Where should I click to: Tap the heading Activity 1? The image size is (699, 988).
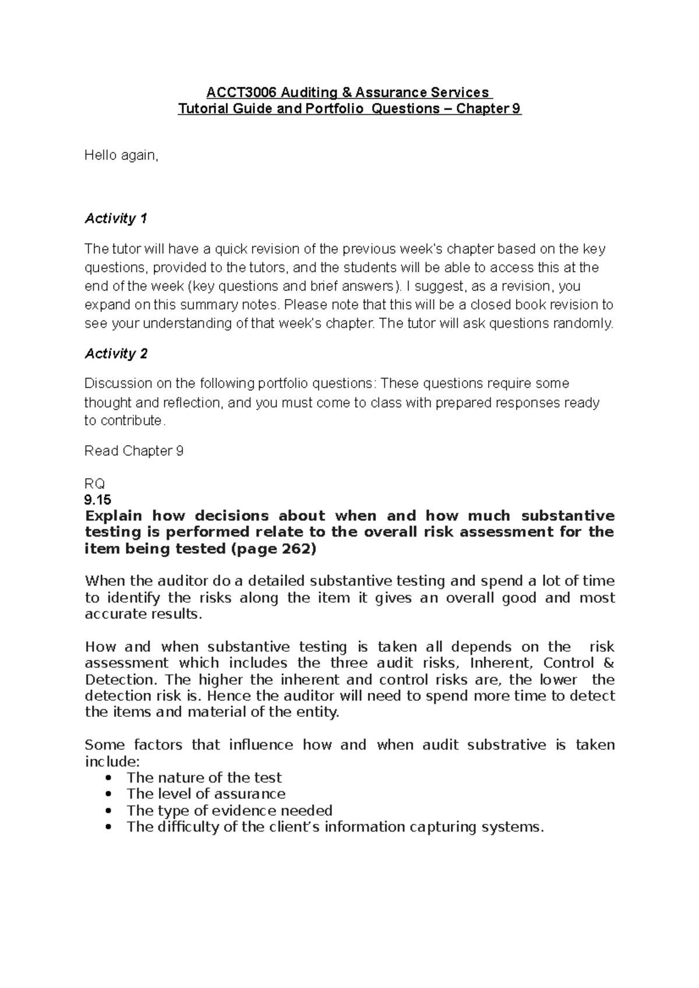click(116, 219)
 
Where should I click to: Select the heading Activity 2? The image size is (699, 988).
click(116, 354)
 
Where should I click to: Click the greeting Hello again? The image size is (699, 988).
click(121, 155)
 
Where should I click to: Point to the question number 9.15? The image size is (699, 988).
click(97, 499)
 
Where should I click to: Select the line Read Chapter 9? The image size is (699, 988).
click(134, 451)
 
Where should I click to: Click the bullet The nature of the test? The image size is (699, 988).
click(204, 777)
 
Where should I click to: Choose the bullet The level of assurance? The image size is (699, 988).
click(206, 794)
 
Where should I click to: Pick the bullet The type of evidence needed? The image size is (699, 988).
click(230, 811)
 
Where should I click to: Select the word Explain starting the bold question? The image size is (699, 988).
click(114, 516)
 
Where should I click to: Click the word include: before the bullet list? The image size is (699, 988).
click(112, 761)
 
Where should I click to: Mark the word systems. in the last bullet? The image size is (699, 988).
click(511, 827)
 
